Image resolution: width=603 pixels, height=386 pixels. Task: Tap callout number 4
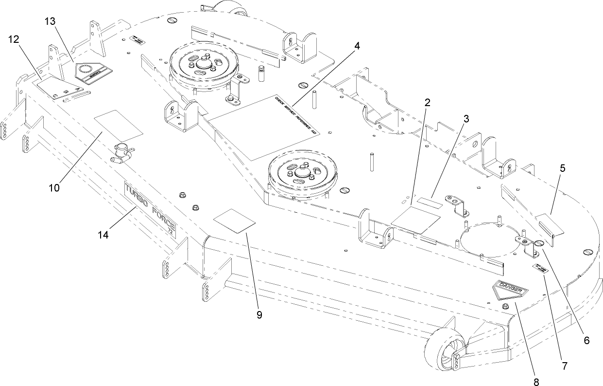click(357, 46)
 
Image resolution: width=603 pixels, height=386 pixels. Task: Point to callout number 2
click(427, 102)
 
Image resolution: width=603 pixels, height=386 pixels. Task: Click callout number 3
click(465, 118)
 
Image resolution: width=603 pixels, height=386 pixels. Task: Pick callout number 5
click(562, 169)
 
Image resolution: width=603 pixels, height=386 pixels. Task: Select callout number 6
click(586, 341)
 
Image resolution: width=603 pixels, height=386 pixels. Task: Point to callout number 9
click(259, 314)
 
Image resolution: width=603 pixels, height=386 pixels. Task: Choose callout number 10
click(54, 187)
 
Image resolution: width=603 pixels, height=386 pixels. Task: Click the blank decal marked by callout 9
click(235, 221)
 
